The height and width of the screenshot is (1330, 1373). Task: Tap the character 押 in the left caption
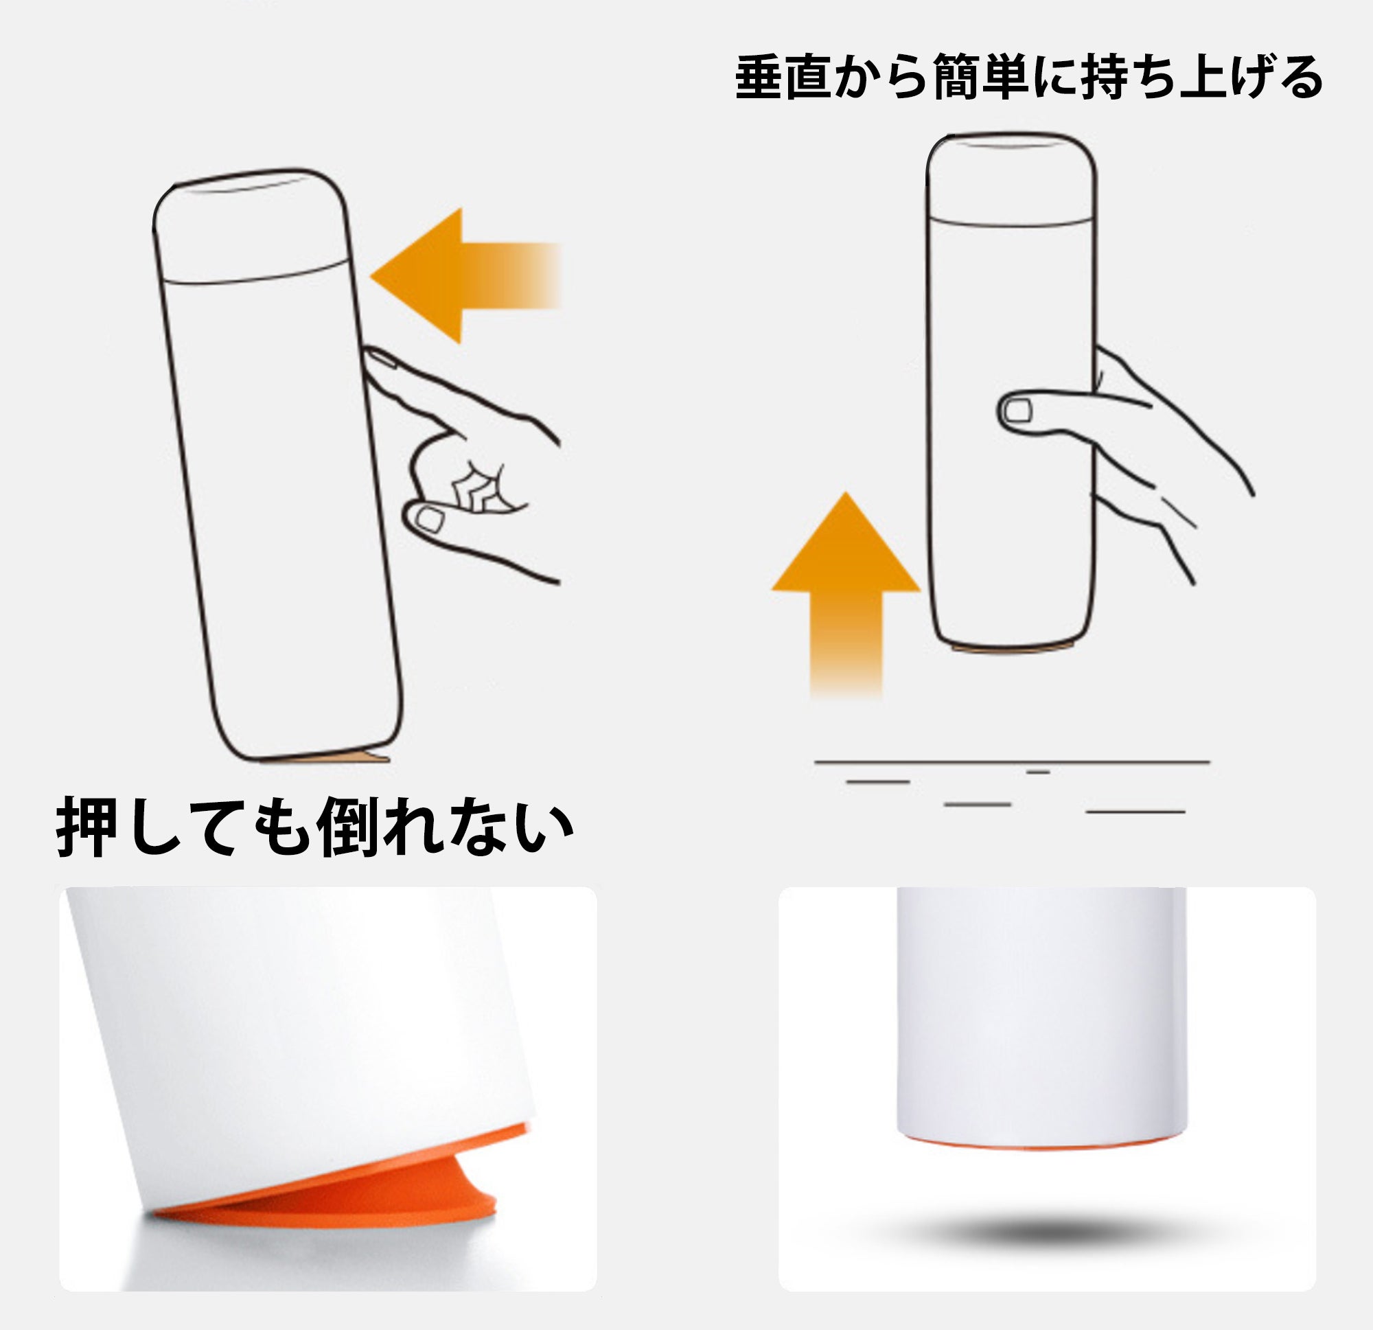tap(87, 826)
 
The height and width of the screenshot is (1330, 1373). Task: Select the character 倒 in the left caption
tap(348, 826)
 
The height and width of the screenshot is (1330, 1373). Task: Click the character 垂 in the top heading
tap(759, 76)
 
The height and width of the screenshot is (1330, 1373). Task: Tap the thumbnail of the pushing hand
tap(428, 519)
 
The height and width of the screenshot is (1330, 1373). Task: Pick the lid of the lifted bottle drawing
tap(1011, 179)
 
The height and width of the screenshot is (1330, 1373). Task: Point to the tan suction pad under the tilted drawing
tap(330, 757)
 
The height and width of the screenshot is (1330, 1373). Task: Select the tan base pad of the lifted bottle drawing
tap(1011, 648)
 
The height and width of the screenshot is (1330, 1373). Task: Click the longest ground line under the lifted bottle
tap(1012, 761)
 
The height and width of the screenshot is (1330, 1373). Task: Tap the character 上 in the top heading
tap(1202, 76)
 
